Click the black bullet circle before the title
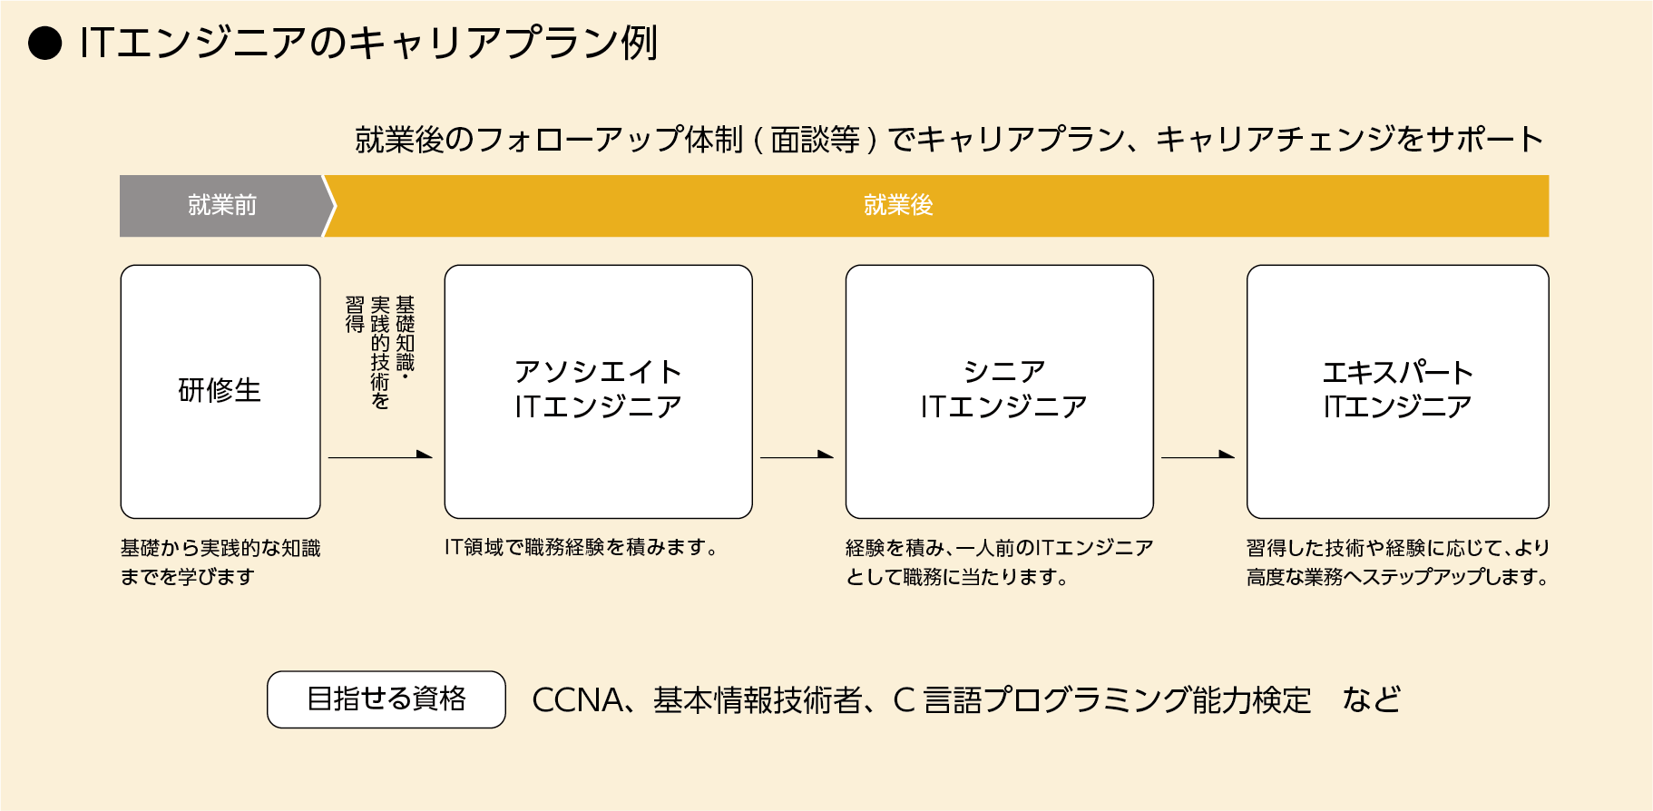44,44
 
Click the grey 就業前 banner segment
222,206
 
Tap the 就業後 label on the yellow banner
898,206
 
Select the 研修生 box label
220,390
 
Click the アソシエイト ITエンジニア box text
598,389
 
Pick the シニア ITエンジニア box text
1003,389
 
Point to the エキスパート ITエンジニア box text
1397,389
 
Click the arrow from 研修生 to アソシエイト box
380,456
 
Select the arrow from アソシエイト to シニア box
797,456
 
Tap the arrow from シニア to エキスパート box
1198,456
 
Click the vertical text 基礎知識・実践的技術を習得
380,352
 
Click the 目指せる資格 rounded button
386,699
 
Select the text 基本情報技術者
757,700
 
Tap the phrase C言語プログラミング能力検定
1101,700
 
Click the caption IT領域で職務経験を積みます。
582,547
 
